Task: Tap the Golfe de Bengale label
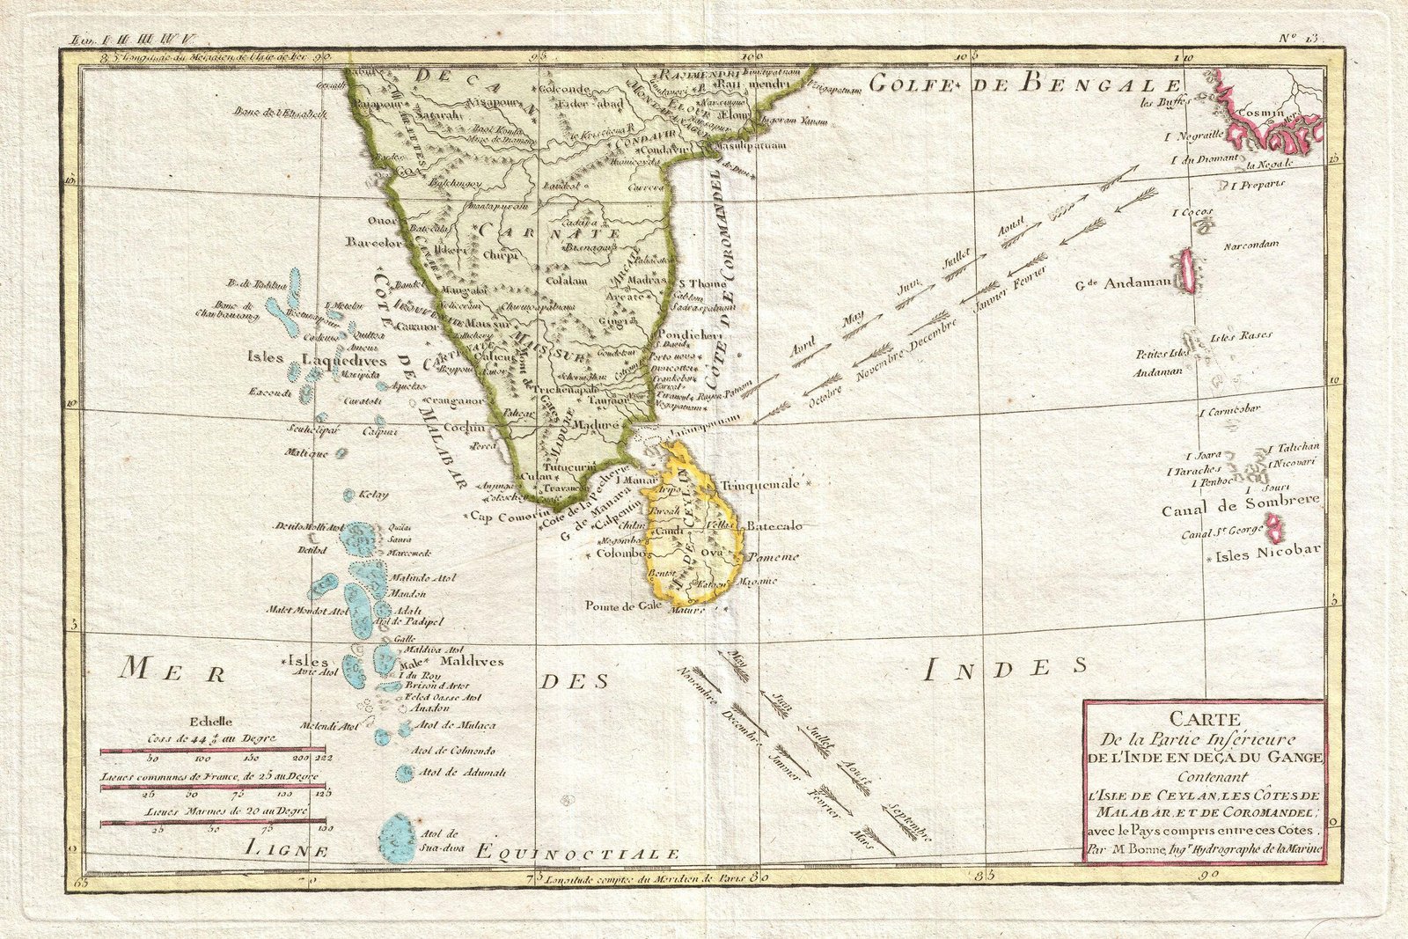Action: click(1024, 84)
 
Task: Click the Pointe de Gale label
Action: click(624, 605)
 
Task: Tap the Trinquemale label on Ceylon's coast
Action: click(760, 484)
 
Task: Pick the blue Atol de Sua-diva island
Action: click(397, 837)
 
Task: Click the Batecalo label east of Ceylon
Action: click(774, 525)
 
